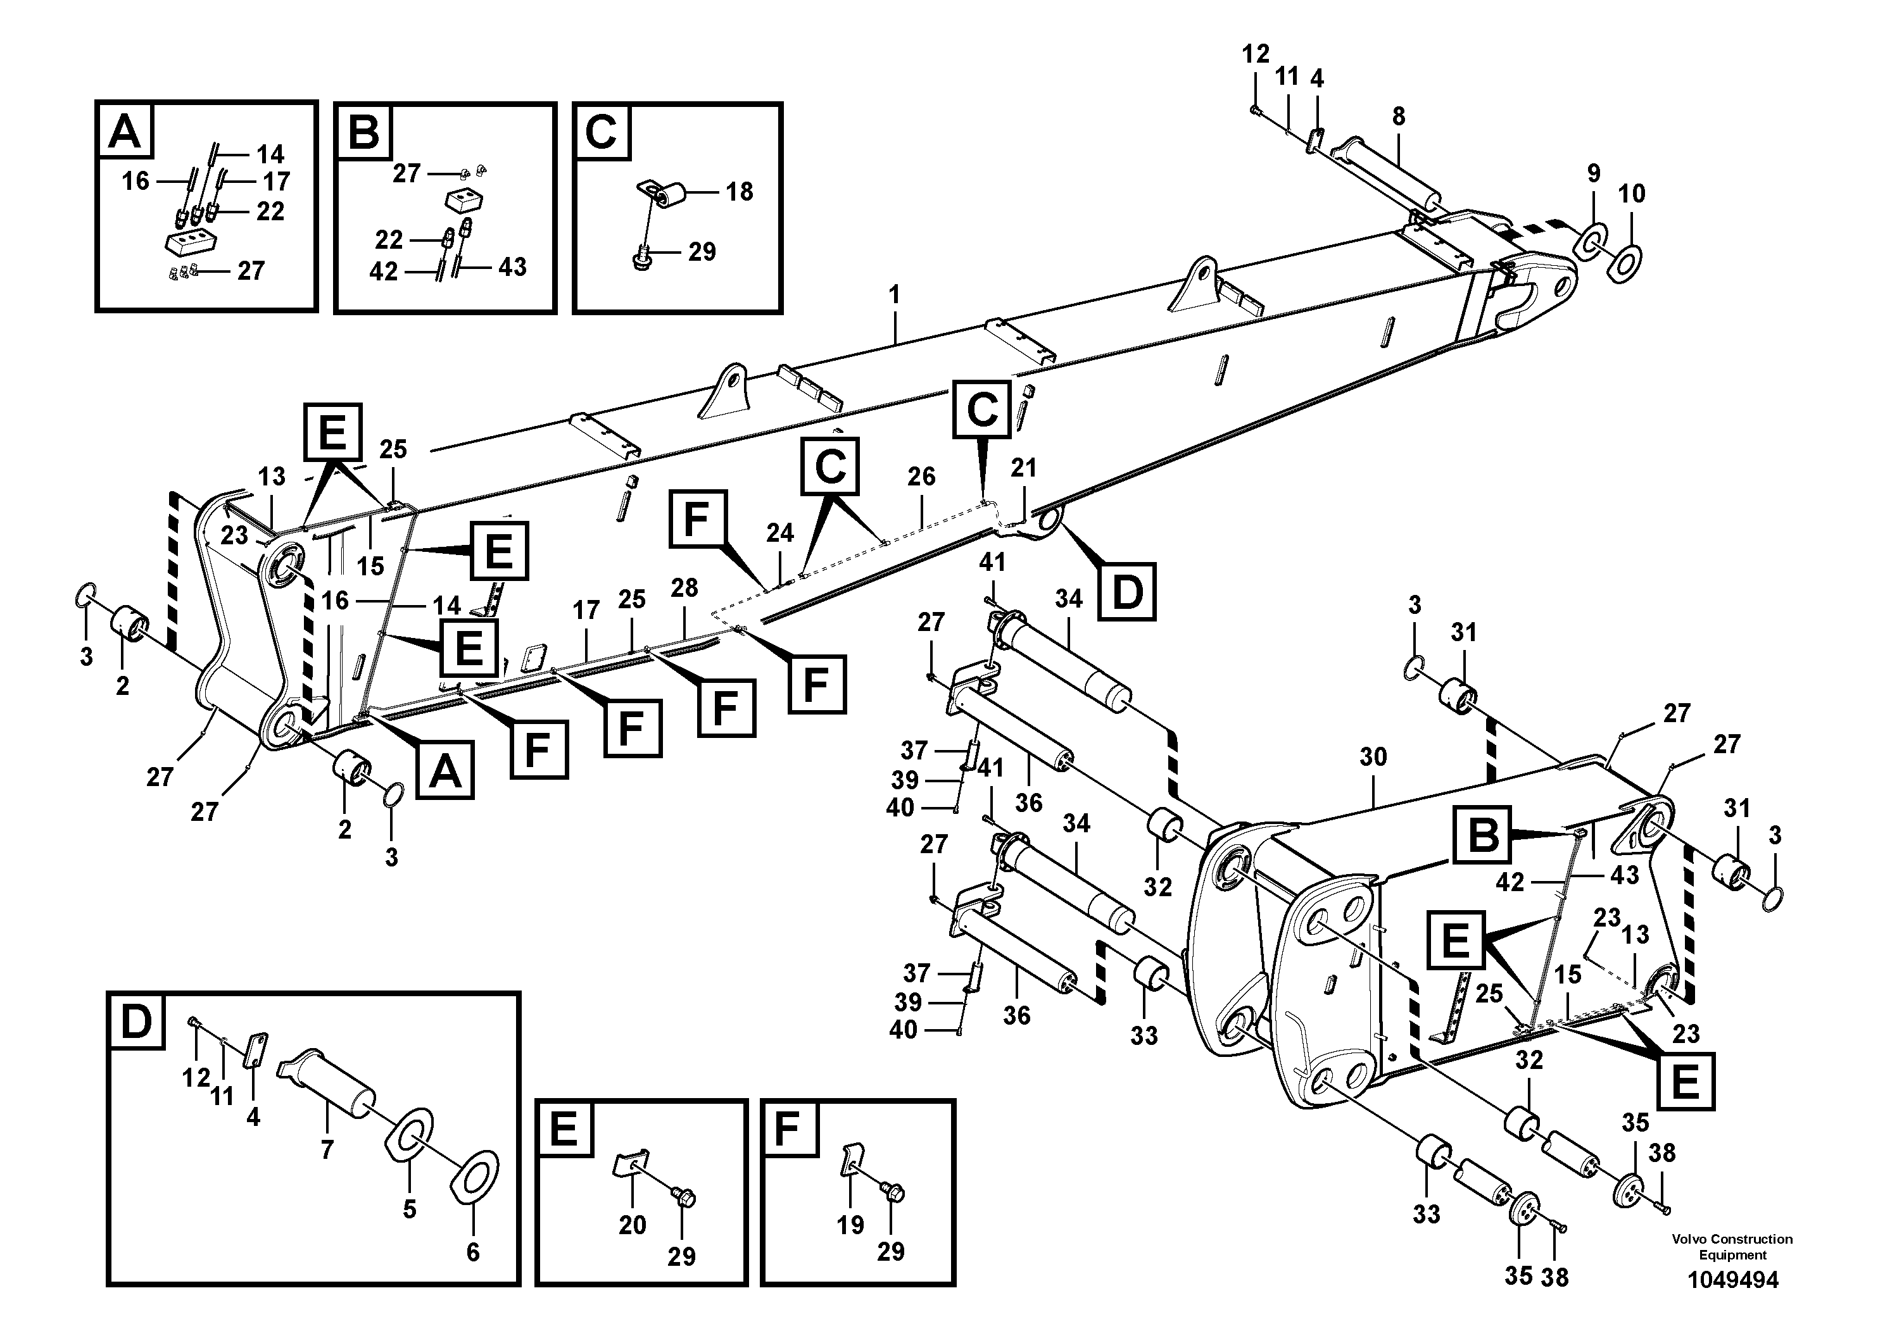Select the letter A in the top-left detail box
125,130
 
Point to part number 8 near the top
1398,116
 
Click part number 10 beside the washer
1631,194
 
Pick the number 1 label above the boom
894,294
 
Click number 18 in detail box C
739,191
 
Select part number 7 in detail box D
327,1149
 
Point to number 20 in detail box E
632,1225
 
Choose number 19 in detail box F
850,1225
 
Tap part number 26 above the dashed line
921,476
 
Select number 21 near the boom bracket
1023,468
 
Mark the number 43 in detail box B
512,266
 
